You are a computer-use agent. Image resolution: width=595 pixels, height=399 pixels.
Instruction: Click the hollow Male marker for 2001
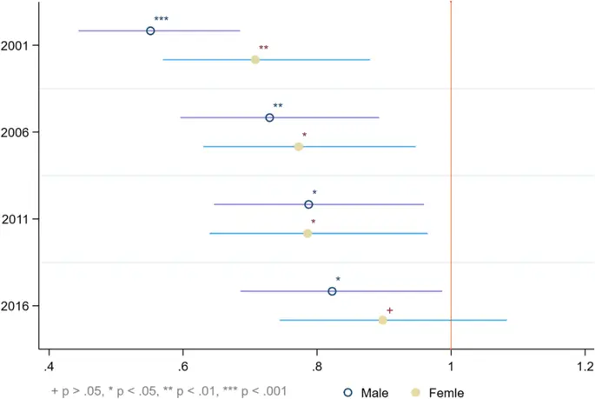click(150, 30)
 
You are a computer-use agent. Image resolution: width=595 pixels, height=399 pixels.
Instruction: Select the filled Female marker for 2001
click(255, 59)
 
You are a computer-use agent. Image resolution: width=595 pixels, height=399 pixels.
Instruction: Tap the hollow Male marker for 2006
click(269, 117)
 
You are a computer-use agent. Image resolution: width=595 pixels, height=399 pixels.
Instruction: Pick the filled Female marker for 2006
click(299, 146)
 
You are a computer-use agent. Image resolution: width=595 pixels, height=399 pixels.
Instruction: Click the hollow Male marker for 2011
click(308, 204)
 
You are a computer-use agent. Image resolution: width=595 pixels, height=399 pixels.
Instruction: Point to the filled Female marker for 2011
click(307, 233)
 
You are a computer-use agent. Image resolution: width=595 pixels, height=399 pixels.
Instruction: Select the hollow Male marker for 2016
click(332, 291)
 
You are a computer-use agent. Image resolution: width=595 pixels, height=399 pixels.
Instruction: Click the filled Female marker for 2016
click(383, 320)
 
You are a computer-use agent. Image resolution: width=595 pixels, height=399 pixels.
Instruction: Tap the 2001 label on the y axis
click(17, 45)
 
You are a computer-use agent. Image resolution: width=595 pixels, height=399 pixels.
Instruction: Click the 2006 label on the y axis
click(17, 132)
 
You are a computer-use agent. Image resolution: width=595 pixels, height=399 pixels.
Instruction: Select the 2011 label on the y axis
click(17, 219)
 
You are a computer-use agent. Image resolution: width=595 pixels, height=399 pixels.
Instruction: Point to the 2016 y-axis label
click(17, 306)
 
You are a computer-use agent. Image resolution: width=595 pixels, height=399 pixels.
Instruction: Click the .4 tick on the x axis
click(49, 362)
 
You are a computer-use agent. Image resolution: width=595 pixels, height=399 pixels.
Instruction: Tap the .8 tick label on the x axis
click(317, 362)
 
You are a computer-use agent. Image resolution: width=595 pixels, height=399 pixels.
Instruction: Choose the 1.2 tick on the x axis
click(585, 362)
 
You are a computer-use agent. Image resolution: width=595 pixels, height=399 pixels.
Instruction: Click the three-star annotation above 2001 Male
click(161, 19)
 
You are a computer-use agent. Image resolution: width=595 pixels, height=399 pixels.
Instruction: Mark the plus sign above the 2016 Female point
click(390, 310)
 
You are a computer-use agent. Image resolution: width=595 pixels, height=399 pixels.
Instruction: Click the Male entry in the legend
click(367, 391)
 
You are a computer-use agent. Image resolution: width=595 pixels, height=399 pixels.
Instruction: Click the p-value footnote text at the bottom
click(169, 391)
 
